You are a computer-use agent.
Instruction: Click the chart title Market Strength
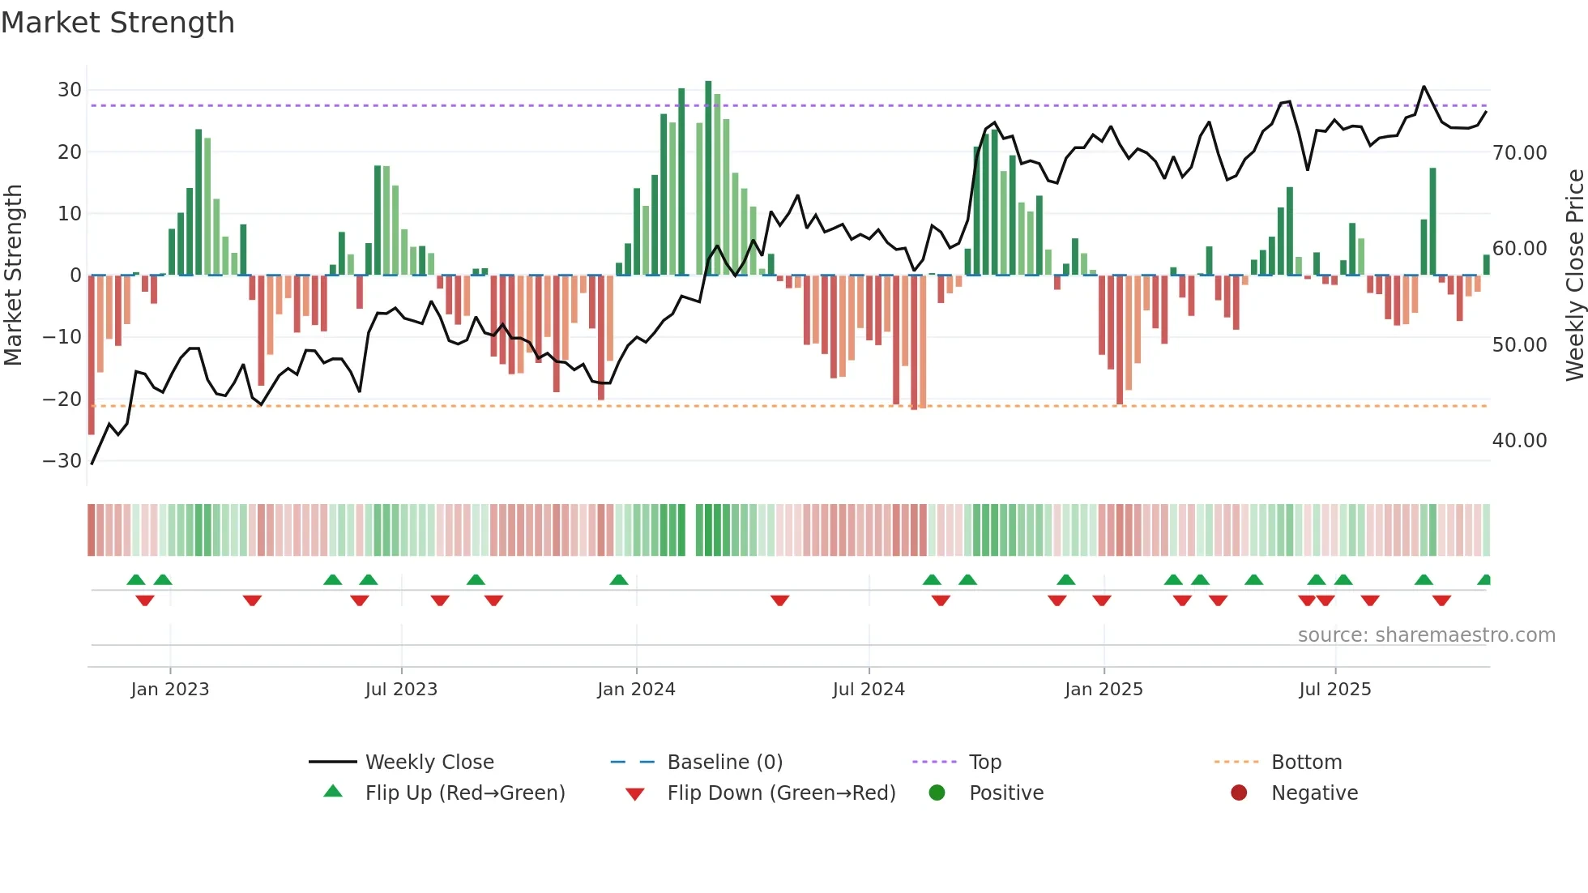117,23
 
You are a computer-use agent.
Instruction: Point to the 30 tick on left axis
70,90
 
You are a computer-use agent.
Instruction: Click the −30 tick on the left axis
62,461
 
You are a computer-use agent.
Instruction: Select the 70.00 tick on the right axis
1519,153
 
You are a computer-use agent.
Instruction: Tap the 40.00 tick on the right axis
1519,441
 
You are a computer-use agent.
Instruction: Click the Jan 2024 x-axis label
636,690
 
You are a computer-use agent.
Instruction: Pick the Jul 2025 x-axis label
1334,690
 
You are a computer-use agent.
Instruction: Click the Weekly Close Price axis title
1574,276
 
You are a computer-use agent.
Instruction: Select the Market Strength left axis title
13,276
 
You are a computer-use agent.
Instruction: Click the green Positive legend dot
937,793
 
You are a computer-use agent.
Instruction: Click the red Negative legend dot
1239,793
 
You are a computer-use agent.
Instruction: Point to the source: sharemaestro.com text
1426,635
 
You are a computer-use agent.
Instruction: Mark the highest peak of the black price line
1424,87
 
